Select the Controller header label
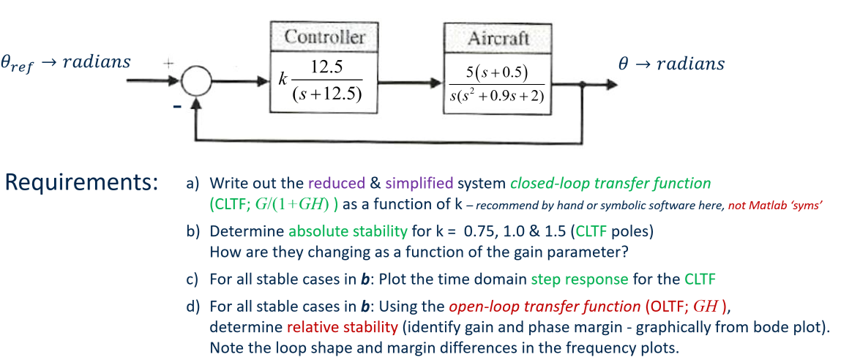[324, 37]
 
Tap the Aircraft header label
[498, 38]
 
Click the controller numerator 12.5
[327, 67]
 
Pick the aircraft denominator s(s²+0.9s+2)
[497, 97]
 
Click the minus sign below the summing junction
[177, 108]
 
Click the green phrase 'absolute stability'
[348, 232]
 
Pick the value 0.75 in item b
[480, 232]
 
